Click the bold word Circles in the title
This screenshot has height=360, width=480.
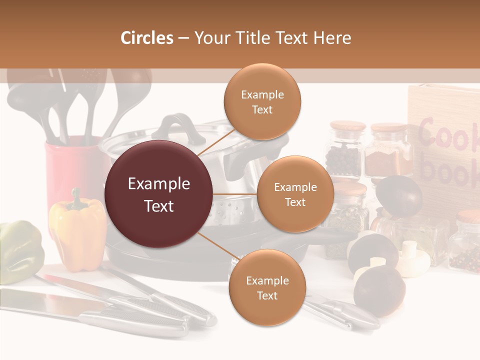pyautogui.click(x=147, y=38)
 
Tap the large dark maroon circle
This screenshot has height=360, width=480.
pyautogui.click(x=158, y=194)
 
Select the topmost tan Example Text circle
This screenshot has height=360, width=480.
pyautogui.click(x=262, y=101)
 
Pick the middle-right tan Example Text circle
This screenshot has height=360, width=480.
pyautogui.click(x=295, y=194)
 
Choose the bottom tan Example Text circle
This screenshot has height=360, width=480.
pyautogui.click(x=267, y=287)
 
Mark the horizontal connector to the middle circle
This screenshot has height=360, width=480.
pyautogui.click(x=234, y=194)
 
